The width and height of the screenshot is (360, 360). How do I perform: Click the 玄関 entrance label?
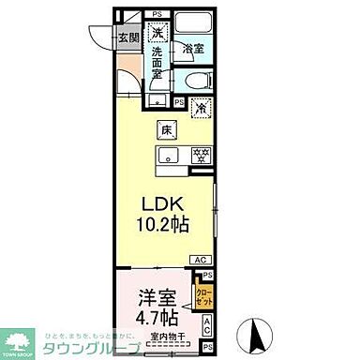pyautogui.click(x=128, y=37)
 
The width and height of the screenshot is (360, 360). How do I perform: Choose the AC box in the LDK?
pyautogui.click(x=200, y=260)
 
